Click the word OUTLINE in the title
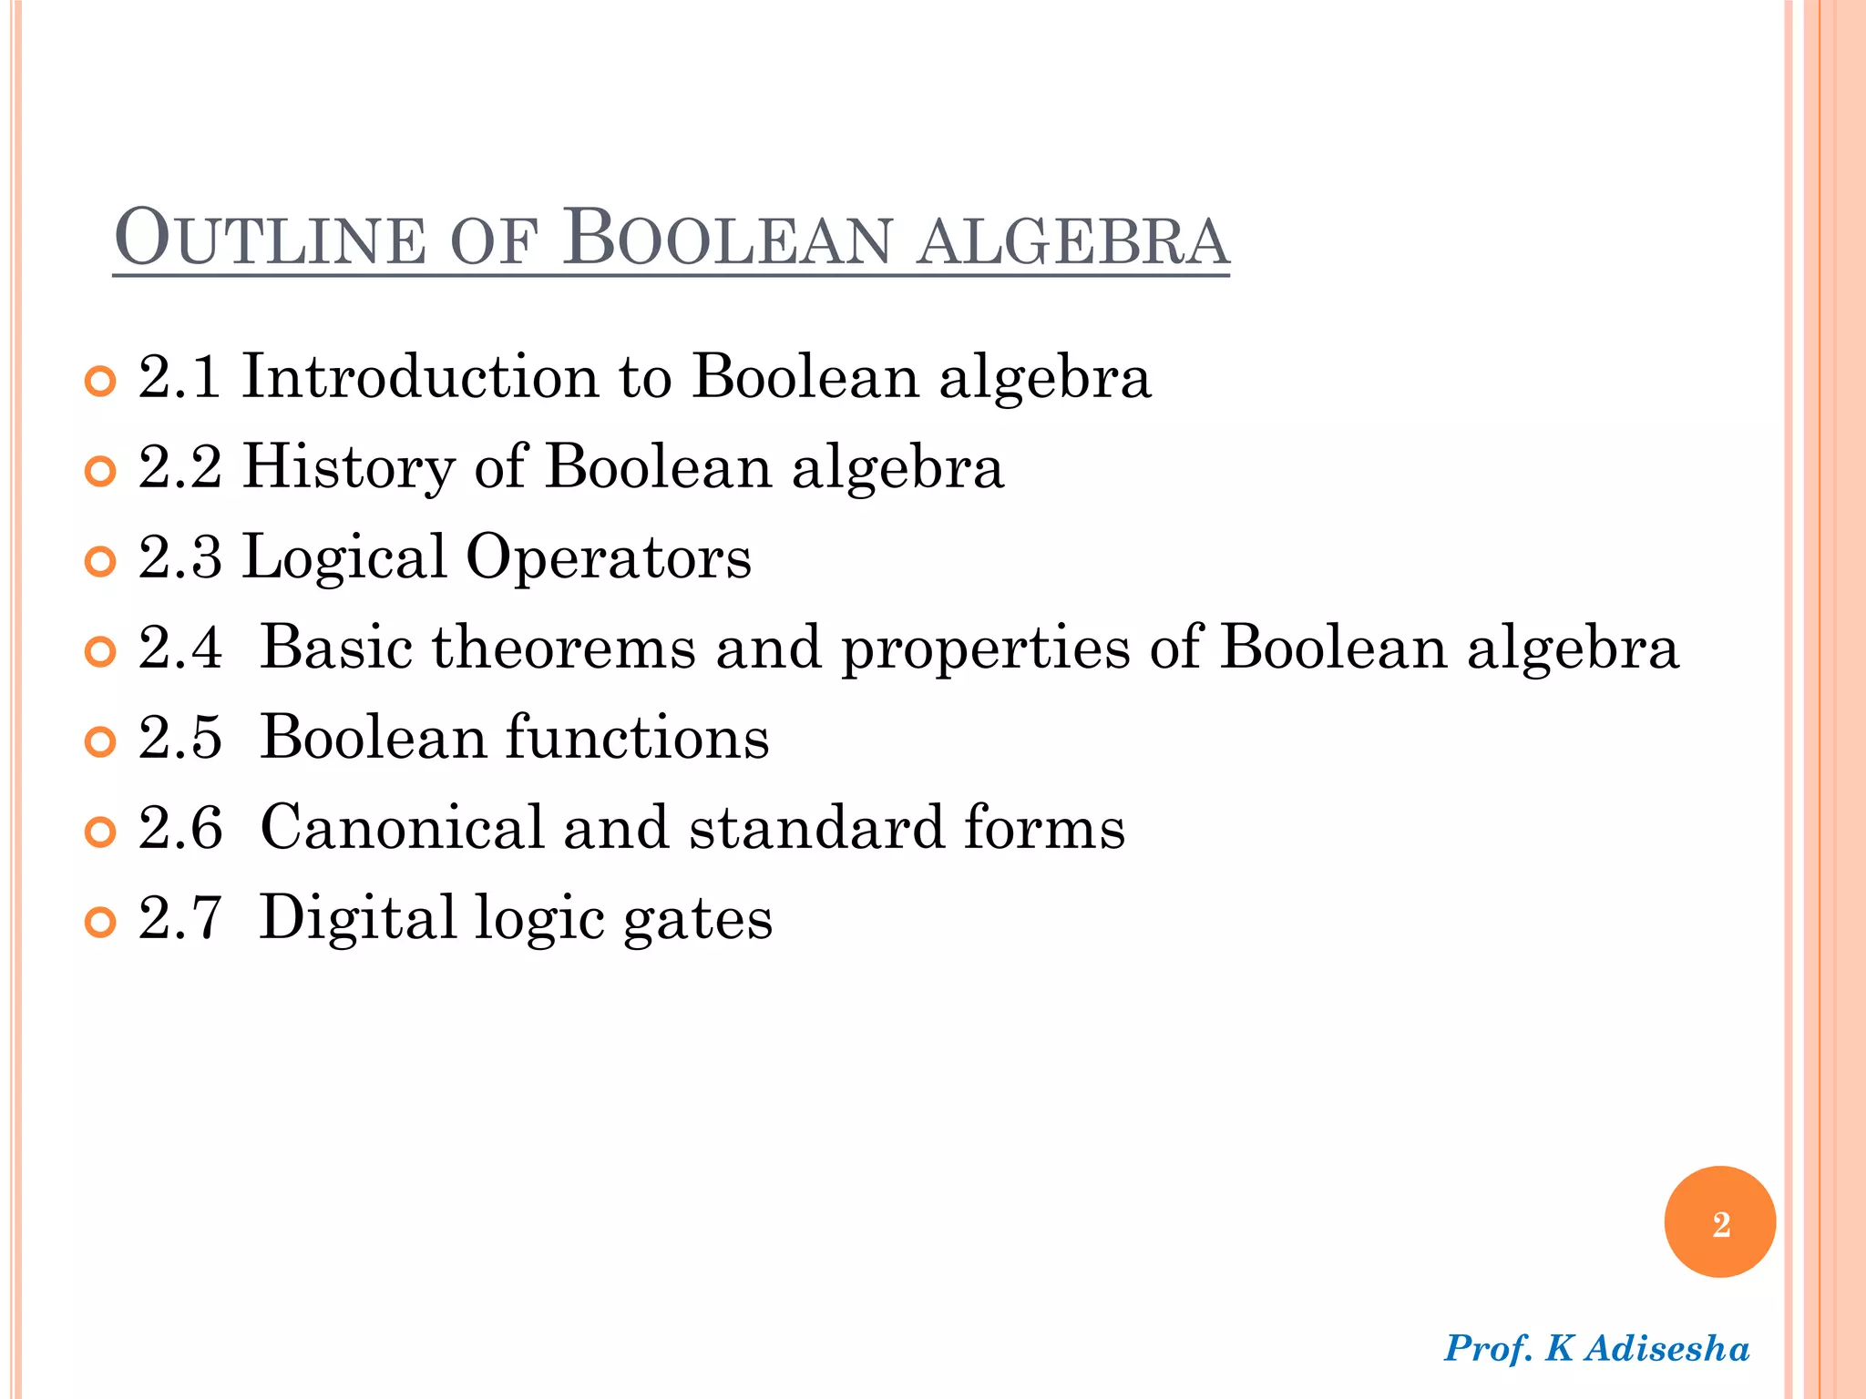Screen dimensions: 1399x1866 click(271, 239)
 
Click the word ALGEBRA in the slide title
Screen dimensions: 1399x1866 click(1072, 240)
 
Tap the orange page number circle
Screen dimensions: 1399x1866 click(1719, 1222)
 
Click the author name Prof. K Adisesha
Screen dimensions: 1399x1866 click(1596, 1348)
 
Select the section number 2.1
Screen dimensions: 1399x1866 click(179, 376)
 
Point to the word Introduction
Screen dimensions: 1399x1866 click(420, 376)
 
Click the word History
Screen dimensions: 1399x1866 click(348, 466)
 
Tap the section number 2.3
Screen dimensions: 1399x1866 click(179, 557)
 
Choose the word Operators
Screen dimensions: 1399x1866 click(609, 557)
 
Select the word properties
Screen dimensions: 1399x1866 click(985, 648)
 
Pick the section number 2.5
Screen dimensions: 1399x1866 click(179, 737)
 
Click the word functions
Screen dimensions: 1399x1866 click(637, 737)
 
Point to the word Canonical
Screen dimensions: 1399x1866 click(402, 827)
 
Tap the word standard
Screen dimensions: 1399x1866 click(816, 827)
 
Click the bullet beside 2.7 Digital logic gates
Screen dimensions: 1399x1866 click(100, 922)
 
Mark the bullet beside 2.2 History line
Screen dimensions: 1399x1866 click(100, 471)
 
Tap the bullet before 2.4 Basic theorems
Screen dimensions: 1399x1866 click(100, 651)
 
